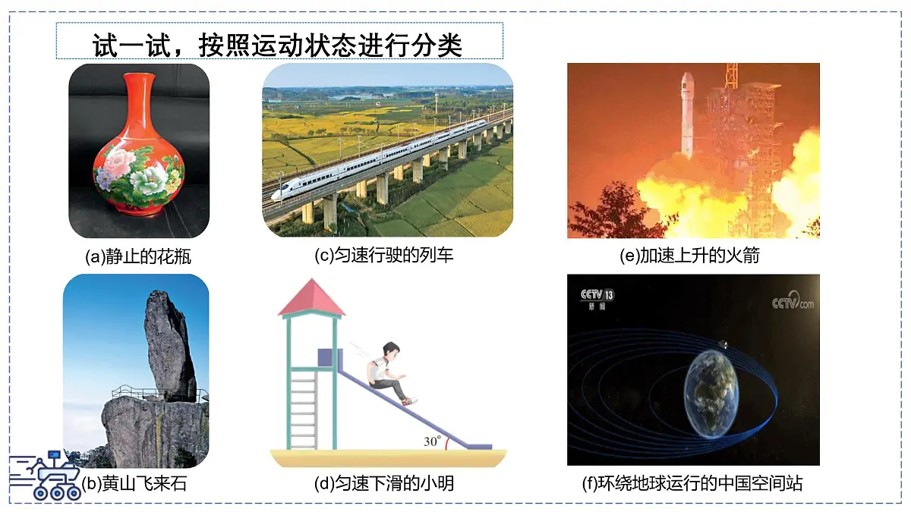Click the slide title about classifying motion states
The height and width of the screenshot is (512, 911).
pos(278,45)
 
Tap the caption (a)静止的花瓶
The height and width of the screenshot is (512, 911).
pos(138,256)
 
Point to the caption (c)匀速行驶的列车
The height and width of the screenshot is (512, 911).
pos(384,256)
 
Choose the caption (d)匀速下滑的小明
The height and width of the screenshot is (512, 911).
pos(384,483)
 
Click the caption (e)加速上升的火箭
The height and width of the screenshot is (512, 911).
pos(690,256)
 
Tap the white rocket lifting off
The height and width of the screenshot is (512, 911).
pos(687,114)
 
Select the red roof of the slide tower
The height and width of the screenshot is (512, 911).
pos(311,298)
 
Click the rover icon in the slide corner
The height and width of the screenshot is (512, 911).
pos(47,476)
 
